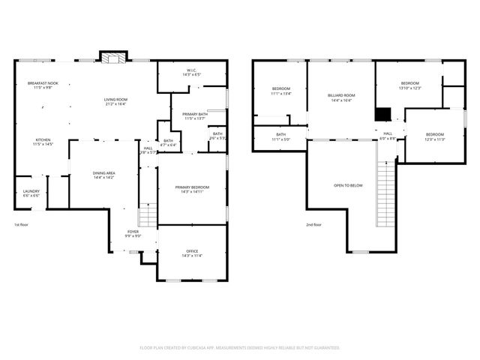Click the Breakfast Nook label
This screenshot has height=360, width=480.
[x=39, y=85]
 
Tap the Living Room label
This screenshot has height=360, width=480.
[x=115, y=101]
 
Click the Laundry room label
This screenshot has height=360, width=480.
[x=31, y=193]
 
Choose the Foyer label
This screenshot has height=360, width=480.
[x=133, y=234]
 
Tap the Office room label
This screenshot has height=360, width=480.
[x=192, y=253]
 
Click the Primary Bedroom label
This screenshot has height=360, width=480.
[x=192, y=189]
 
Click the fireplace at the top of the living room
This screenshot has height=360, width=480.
[x=113, y=59]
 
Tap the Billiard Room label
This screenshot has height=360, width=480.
[x=340, y=97]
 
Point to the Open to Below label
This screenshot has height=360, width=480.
[x=348, y=185]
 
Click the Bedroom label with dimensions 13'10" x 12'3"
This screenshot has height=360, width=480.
[x=409, y=85]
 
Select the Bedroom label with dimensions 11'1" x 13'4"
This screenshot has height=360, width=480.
[x=280, y=91]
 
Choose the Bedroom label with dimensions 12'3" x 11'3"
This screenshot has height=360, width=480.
[x=435, y=136]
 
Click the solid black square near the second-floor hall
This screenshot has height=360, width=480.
[x=383, y=115]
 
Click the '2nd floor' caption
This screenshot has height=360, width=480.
[x=313, y=224]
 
